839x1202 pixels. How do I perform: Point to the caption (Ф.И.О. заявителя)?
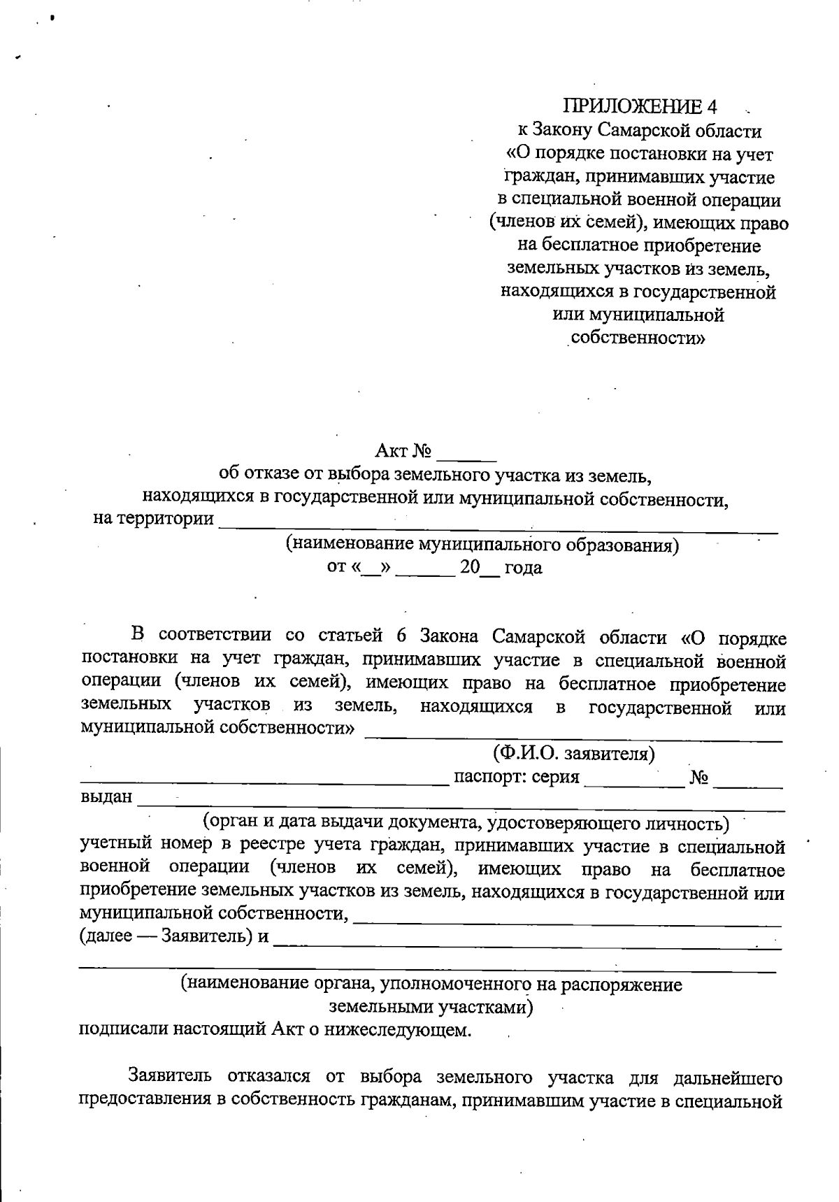[x=573, y=754]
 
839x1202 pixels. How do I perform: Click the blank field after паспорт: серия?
[x=634, y=782]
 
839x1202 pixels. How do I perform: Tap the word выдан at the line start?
[x=106, y=797]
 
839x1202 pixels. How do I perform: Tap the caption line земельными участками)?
[x=431, y=1008]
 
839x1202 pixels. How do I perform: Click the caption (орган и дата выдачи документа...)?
[x=466, y=822]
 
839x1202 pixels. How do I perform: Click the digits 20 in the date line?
[x=470, y=567]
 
